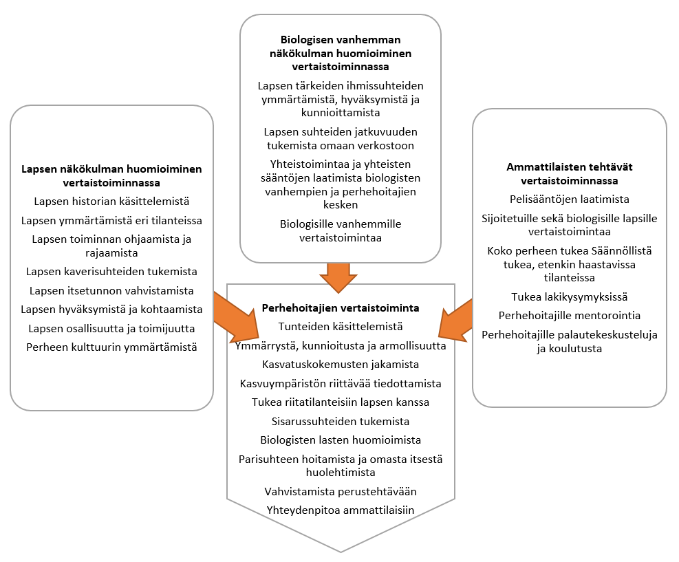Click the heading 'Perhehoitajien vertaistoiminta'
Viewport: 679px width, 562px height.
tap(341, 307)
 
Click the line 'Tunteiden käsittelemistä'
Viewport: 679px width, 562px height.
tap(341, 326)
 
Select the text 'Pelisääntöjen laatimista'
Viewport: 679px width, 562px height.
tap(569, 199)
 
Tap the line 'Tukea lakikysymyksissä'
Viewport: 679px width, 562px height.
tap(569, 296)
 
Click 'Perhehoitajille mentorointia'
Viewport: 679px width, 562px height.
tap(569, 315)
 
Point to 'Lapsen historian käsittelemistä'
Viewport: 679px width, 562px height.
tap(111, 202)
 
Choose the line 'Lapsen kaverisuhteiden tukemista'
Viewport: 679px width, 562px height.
tap(111, 271)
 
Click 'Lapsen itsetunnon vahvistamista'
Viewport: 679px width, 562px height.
tap(111, 290)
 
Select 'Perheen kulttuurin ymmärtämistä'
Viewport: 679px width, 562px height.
tap(111, 347)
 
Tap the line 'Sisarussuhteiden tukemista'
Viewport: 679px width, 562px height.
tap(341, 421)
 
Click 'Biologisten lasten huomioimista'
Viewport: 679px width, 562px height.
tap(341, 440)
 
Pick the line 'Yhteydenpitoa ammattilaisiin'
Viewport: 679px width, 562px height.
tap(341, 510)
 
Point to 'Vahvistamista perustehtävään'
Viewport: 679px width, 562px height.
tap(341, 491)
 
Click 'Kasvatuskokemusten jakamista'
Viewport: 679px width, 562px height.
tap(341, 364)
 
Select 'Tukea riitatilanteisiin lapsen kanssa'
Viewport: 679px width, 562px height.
tap(341, 402)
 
